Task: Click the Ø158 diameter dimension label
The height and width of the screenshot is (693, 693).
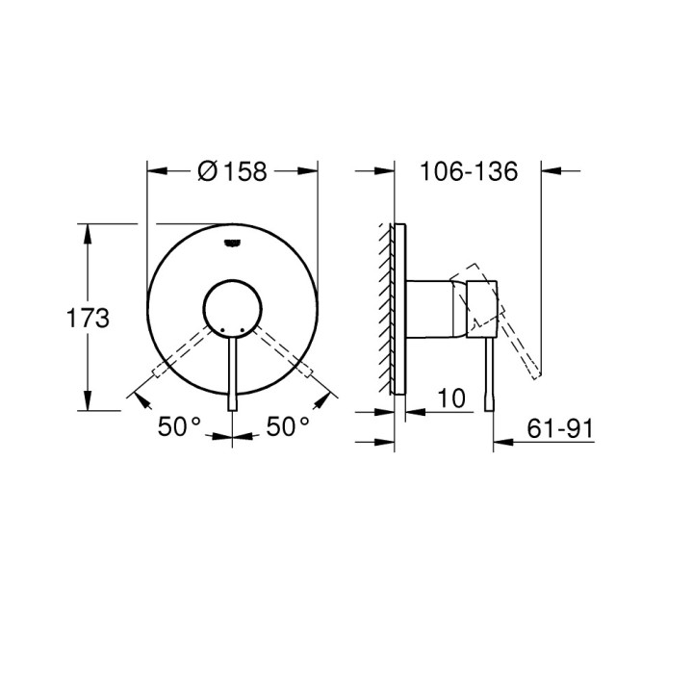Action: point(232,171)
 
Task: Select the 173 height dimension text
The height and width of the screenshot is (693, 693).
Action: point(88,319)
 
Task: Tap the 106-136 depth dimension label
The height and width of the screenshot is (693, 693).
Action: point(469,171)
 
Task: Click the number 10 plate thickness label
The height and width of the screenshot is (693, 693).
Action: point(451,397)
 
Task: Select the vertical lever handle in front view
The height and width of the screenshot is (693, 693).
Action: point(232,375)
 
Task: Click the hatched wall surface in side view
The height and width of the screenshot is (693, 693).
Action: point(388,308)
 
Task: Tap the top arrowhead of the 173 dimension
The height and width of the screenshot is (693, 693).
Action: point(89,231)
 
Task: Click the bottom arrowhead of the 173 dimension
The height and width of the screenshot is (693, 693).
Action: point(89,405)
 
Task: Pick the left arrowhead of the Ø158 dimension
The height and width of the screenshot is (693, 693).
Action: point(154,171)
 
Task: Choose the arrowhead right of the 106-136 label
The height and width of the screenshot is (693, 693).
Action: point(550,171)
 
